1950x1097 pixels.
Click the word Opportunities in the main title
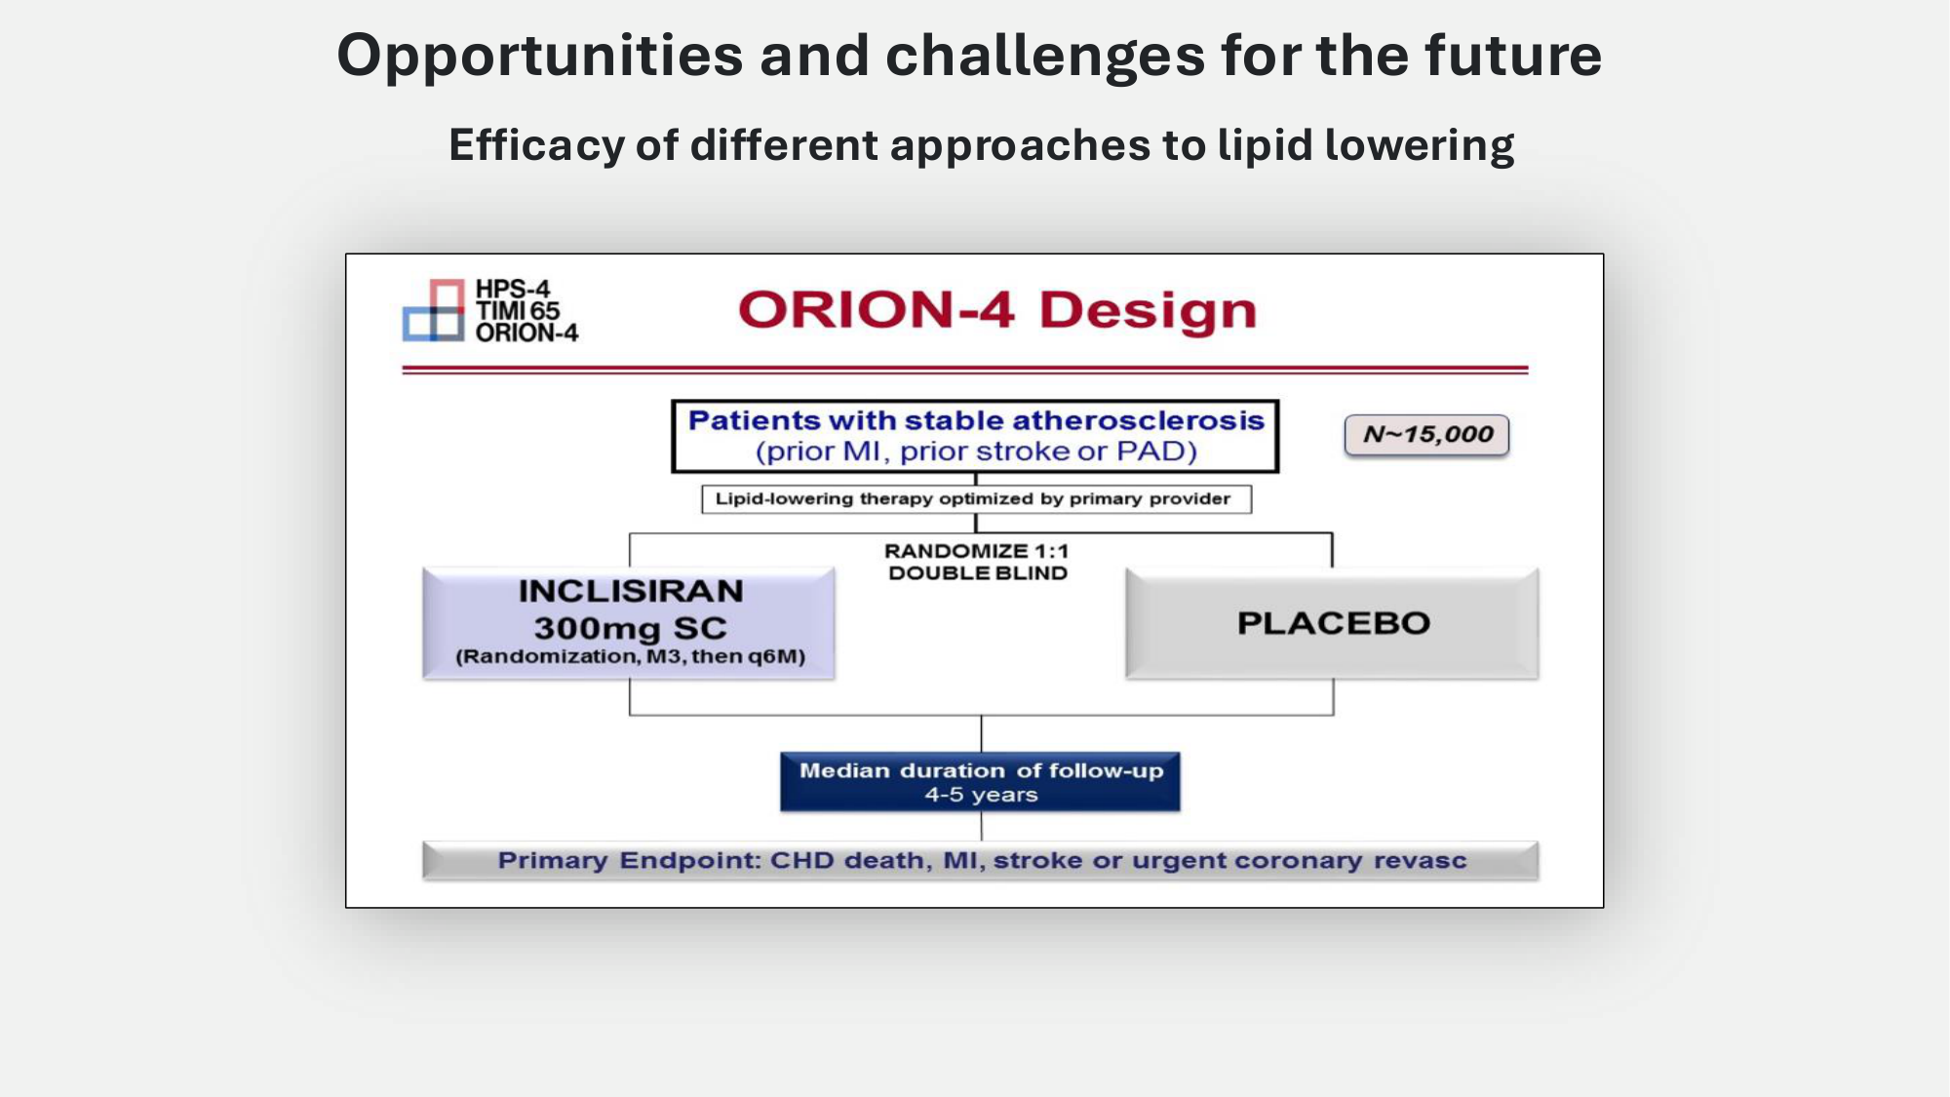(540, 57)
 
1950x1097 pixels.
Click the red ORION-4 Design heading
(997, 310)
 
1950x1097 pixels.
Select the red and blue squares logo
(434, 310)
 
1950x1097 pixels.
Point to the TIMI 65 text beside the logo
(518, 311)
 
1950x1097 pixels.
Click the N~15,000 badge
(1426, 435)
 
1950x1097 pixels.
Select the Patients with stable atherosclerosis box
(975, 436)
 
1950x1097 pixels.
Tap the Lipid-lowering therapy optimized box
(976, 499)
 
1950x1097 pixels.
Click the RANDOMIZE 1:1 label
(977, 551)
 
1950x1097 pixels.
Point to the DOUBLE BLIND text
(978, 573)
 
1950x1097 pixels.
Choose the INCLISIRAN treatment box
(629, 623)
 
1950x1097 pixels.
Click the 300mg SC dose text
(631, 628)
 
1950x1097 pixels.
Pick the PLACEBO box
(1333, 623)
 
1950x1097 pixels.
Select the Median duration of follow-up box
(980, 782)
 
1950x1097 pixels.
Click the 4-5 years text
(981, 795)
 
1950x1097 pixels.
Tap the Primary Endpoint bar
(980, 861)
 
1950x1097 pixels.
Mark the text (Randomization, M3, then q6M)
(631, 657)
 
